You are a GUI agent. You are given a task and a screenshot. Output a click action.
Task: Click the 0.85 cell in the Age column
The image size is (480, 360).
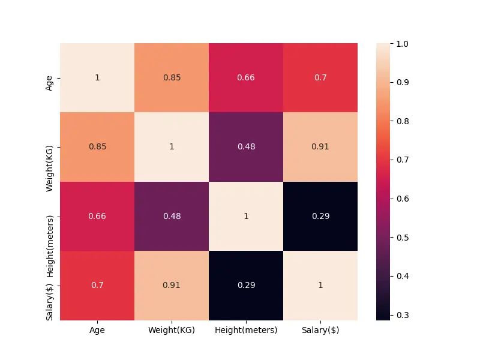click(97, 147)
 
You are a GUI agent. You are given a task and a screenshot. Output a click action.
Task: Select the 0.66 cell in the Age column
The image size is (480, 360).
click(97, 216)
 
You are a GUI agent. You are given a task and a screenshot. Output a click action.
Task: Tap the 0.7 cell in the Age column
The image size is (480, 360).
click(97, 285)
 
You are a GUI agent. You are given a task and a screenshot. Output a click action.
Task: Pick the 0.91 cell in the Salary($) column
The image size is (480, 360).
click(320, 147)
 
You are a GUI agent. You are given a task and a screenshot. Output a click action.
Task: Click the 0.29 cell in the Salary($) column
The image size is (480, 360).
click(320, 216)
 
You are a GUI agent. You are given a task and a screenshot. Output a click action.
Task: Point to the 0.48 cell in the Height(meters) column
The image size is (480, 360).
click(246, 147)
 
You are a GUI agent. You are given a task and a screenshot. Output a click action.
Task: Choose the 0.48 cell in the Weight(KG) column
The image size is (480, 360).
click(172, 216)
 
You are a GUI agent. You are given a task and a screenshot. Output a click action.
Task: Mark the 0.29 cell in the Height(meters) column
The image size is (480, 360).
click(246, 285)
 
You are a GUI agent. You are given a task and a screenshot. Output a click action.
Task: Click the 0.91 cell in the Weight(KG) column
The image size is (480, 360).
click(172, 285)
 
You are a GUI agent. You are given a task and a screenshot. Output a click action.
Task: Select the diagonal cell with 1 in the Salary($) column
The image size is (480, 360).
click(320, 285)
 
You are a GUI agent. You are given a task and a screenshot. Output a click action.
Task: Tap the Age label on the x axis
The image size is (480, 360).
click(97, 330)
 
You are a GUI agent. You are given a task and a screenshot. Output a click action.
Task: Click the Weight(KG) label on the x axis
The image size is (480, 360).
click(172, 330)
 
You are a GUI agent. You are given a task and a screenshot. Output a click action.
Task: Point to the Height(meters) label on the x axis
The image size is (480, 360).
click(246, 330)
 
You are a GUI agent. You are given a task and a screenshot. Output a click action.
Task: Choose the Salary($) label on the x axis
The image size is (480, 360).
click(320, 330)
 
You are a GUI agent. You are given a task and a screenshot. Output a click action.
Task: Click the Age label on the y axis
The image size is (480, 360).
click(49, 78)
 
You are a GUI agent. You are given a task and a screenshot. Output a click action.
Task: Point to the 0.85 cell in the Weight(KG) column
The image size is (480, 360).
click(172, 78)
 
